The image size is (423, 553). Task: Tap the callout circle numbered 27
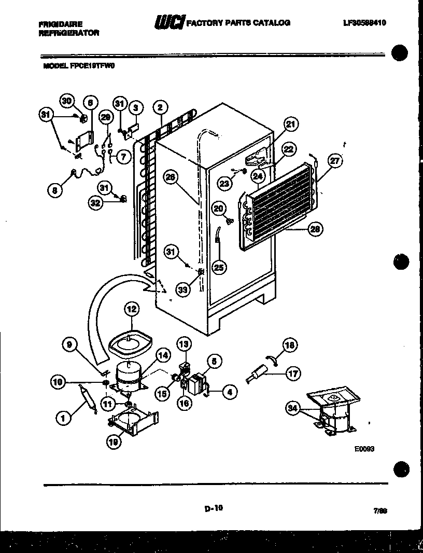[335, 161]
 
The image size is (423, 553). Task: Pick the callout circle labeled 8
[55, 190]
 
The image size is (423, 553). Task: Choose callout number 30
[67, 102]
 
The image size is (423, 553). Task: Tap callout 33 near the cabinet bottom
[182, 290]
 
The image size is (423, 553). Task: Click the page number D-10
[213, 508]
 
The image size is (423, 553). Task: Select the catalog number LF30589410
[364, 23]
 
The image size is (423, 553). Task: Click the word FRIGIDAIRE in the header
[60, 23]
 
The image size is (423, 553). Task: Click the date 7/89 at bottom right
[380, 510]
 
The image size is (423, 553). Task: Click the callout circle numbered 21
[291, 123]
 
